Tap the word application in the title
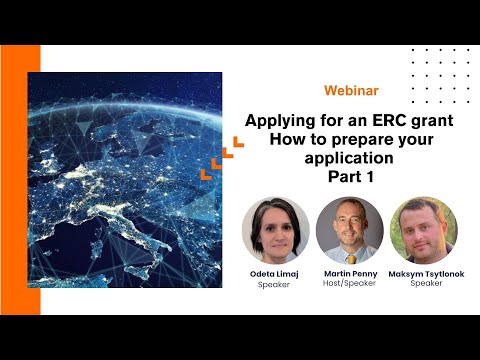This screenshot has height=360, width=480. pyautogui.click(x=338, y=158)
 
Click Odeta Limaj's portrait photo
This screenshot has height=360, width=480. pyautogui.click(x=275, y=230)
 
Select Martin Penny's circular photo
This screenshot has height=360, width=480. pyautogui.click(x=349, y=230)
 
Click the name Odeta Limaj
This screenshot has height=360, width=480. pyautogui.click(x=275, y=274)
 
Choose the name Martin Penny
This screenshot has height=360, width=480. pyautogui.click(x=349, y=274)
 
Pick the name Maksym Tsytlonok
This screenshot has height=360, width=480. pyautogui.click(x=424, y=274)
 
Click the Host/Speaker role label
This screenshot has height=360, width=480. pyautogui.click(x=349, y=284)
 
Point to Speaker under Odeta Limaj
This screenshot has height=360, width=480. pyautogui.click(x=275, y=284)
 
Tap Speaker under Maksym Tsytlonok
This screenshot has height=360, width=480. pyautogui.click(x=424, y=284)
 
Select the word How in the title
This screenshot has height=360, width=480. pyautogui.click(x=287, y=140)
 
